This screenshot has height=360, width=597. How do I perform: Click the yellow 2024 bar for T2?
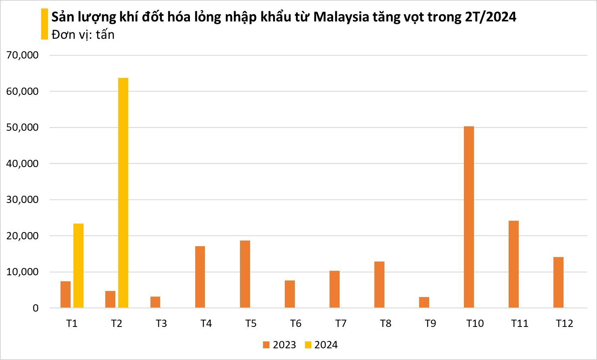tap(123, 193)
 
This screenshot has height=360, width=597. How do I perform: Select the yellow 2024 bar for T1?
tap(78, 266)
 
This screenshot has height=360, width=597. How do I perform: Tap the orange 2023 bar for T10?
tap(469, 217)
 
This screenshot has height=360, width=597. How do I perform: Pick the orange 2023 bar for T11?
tap(514, 264)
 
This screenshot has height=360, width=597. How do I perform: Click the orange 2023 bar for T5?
tap(245, 274)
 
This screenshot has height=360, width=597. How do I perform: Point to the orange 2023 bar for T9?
tap(424, 302)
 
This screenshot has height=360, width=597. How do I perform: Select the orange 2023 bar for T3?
tap(155, 302)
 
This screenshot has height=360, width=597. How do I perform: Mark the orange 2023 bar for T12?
tap(558, 283)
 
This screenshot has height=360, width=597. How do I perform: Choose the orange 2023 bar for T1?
tap(65, 295)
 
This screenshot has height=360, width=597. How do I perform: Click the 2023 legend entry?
tap(279, 345)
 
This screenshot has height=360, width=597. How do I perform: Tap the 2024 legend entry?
tap(321, 345)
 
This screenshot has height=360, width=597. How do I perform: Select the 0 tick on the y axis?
tap(35, 308)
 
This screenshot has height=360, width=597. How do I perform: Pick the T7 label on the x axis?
tap(340, 324)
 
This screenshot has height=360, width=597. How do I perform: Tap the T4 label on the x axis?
tap(206, 324)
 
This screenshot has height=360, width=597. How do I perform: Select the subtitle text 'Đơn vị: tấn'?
tap(83, 35)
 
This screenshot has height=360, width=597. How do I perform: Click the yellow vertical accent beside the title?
tap(44, 24)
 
